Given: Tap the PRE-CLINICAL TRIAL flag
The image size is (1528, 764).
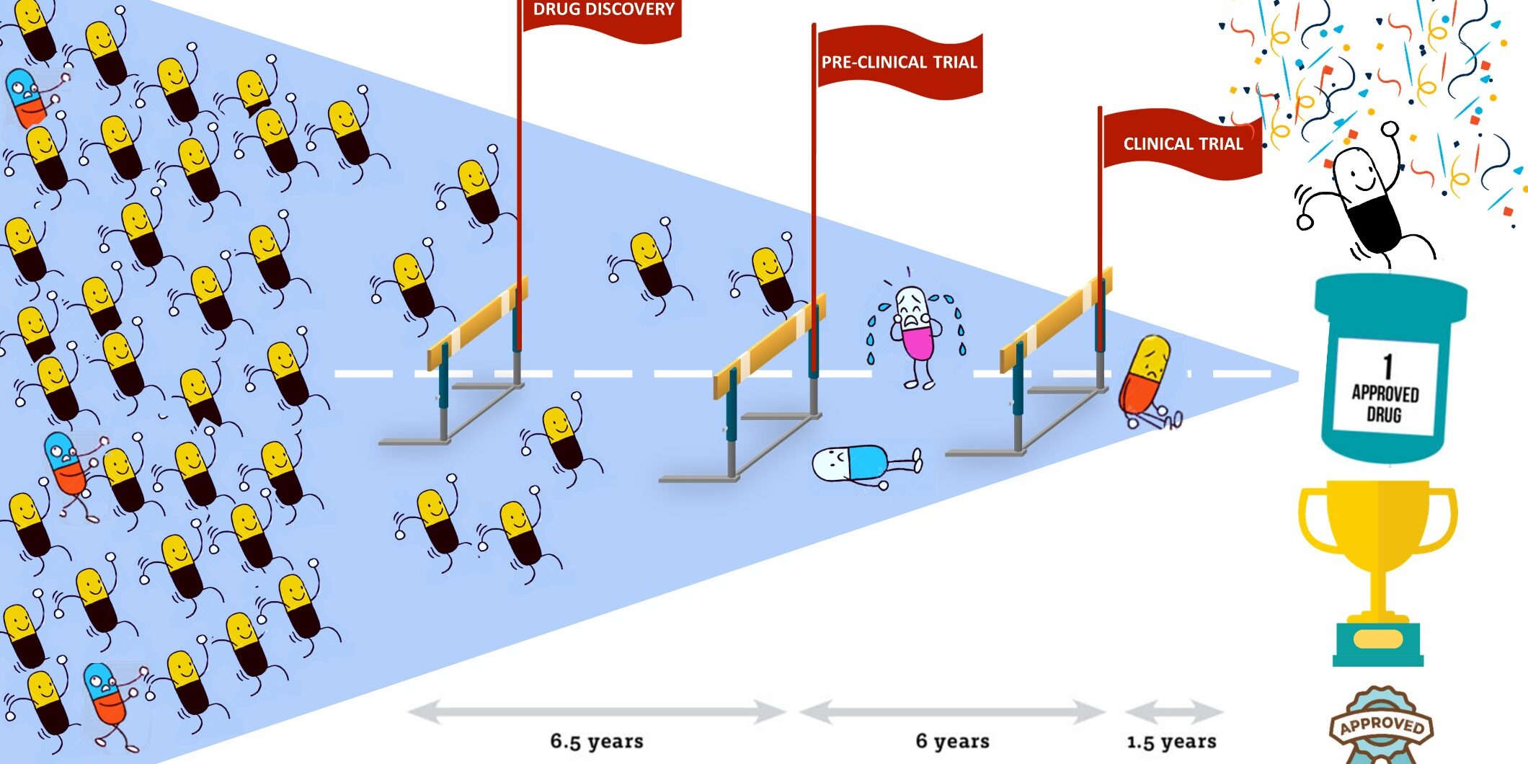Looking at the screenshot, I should point(899,63).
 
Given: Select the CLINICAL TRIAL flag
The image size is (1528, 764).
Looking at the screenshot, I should point(1182,143).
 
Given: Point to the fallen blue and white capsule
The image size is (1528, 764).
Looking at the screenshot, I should point(861,463).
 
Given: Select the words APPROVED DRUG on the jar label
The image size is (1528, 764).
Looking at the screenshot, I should point(1385,404).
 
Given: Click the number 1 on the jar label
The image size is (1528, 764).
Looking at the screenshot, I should point(1387,365).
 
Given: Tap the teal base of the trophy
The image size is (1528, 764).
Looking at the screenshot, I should point(1377,644).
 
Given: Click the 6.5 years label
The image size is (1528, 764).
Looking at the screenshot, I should point(597,741).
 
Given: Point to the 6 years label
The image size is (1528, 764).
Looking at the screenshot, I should point(952,741).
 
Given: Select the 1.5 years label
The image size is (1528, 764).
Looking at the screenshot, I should point(1171,741).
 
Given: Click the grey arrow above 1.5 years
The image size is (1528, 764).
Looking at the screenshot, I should point(1173,712).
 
